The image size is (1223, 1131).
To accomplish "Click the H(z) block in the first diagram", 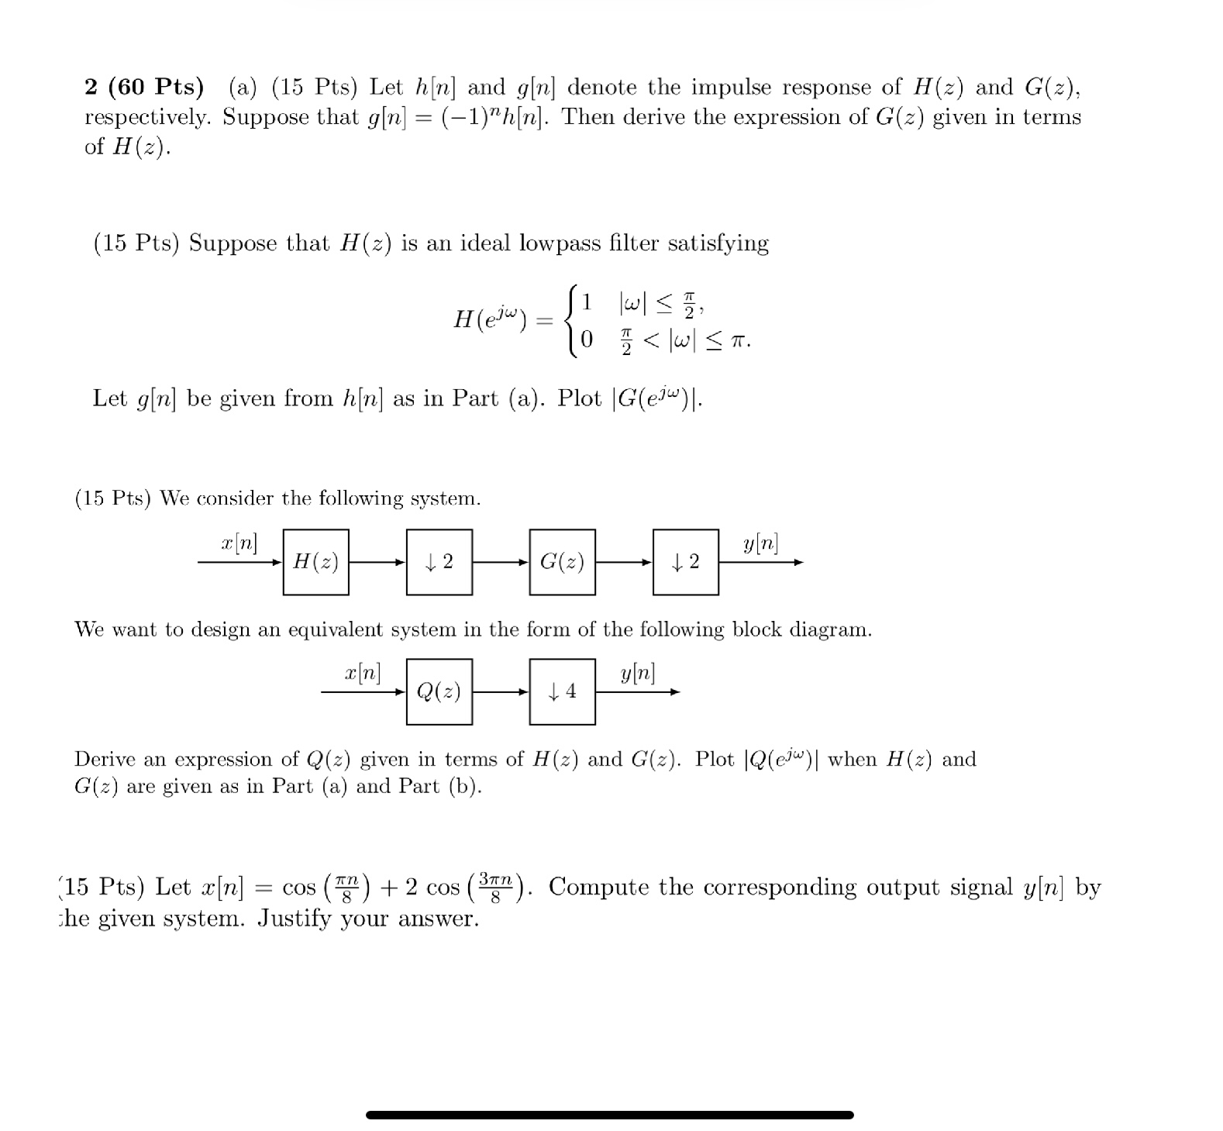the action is click(x=315, y=562).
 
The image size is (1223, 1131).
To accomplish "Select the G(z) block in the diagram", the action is click(x=562, y=562).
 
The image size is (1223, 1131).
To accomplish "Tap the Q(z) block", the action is click(x=439, y=691).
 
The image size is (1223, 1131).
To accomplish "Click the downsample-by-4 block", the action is click(x=562, y=691).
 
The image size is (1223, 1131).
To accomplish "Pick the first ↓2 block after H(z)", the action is click(x=439, y=562).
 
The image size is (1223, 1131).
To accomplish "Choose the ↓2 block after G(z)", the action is click(x=685, y=562).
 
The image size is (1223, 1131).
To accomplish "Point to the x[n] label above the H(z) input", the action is click(x=239, y=543).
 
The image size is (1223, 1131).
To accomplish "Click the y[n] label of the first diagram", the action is click(x=760, y=544).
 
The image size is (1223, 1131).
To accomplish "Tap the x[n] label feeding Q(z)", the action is click(x=363, y=672).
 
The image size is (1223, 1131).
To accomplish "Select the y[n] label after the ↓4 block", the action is click(x=637, y=673).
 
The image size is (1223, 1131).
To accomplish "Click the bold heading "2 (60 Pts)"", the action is click(x=144, y=88).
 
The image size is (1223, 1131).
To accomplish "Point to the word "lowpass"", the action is click(x=560, y=243).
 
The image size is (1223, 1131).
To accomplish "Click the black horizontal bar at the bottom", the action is click(x=609, y=1115).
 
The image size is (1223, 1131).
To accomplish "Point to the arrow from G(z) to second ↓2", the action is click(x=624, y=563).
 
